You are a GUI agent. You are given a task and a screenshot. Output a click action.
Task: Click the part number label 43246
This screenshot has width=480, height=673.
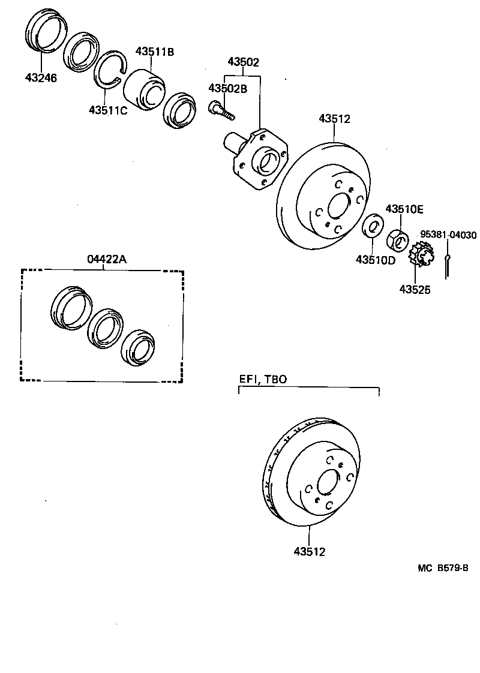click(41, 77)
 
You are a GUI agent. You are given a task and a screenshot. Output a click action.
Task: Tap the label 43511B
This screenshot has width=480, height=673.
click(154, 52)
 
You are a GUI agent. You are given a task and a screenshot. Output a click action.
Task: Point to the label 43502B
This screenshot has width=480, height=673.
click(227, 89)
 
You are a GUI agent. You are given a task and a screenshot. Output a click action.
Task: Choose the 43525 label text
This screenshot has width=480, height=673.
click(415, 289)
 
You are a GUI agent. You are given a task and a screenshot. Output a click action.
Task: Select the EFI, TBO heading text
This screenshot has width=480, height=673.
click(263, 379)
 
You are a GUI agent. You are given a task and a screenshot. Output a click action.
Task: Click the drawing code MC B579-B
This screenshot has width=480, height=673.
click(443, 567)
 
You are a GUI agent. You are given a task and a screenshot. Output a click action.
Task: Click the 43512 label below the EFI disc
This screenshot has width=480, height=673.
click(310, 552)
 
